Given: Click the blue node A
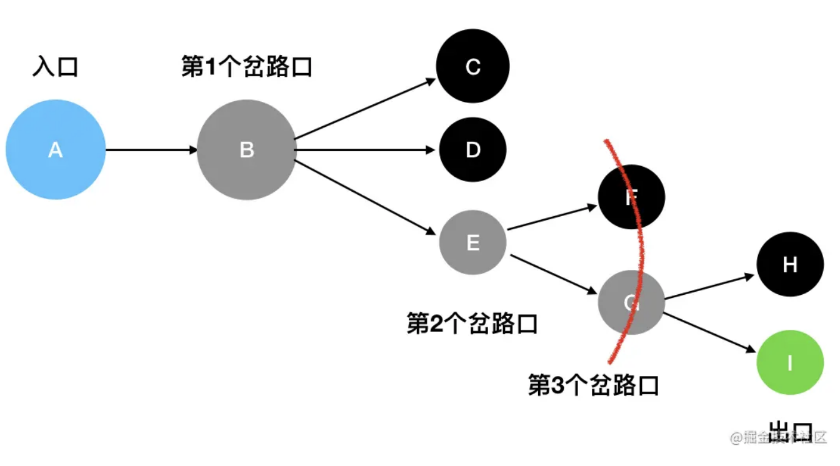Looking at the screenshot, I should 56,150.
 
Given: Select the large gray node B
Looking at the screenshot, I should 246,150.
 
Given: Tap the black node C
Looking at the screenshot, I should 473,66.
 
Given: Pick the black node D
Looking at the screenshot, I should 473,150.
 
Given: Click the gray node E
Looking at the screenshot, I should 473,242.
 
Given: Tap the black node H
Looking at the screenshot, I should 790,265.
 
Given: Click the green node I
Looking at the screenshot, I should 790,362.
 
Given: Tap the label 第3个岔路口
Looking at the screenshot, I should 594,385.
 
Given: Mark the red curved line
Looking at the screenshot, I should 642,250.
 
